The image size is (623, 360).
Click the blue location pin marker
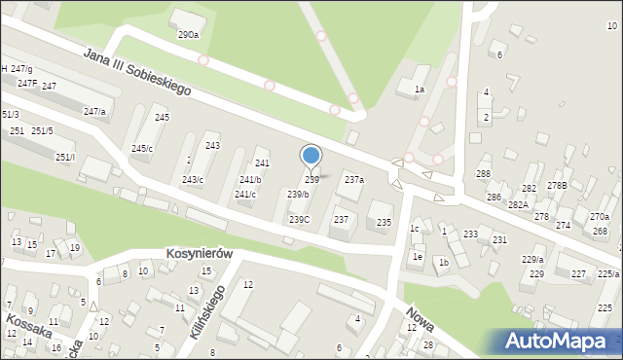pyautogui.click(x=311, y=157)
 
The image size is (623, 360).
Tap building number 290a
pyautogui.click(x=188, y=34)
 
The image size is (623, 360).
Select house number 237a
pyautogui.click(x=354, y=179)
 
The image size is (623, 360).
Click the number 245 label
pyautogui.click(x=162, y=117)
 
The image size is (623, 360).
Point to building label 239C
pyautogui.click(x=299, y=219)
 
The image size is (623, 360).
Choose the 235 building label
pyautogui.click(x=385, y=223)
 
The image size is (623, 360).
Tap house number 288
pyautogui.click(x=483, y=173)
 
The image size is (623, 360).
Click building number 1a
pyautogui.click(x=419, y=90)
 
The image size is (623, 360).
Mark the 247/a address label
pyautogui.click(x=94, y=112)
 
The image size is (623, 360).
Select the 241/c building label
pyautogui.click(x=245, y=194)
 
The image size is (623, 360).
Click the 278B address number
pyautogui.click(x=557, y=185)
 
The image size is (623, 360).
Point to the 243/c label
pyautogui.click(x=193, y=179)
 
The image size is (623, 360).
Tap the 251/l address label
pyautogui.click(x=65, y=157)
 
